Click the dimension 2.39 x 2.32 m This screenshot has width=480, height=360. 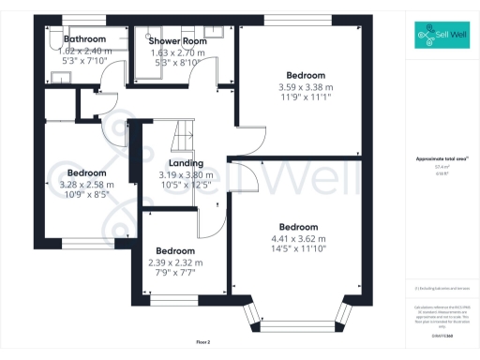point(175,262)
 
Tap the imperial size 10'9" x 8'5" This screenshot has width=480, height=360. point(87,197)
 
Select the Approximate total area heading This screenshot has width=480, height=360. point(440,159)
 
